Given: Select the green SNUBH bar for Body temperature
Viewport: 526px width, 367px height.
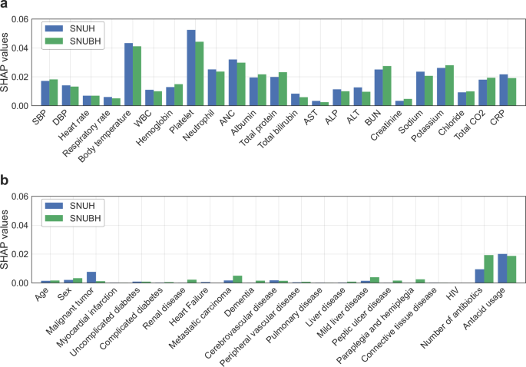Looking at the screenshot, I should coord(137,76).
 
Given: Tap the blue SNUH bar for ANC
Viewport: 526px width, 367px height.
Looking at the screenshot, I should coord(233,82).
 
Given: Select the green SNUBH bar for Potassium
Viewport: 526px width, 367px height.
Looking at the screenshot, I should coord(450,85).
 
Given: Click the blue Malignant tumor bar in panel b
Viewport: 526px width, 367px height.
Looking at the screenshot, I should coord(91,278).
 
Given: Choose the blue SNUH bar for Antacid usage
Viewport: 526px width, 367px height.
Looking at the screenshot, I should coord(502,268).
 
